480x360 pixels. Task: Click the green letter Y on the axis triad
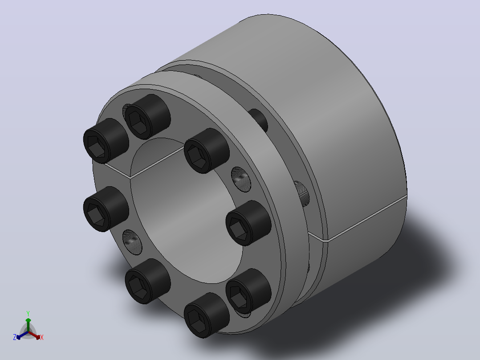pos(28,313)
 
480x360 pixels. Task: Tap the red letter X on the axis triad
pos(42,337)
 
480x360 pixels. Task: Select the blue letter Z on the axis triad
pos(14,337)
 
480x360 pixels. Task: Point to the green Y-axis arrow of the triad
pos(28,325)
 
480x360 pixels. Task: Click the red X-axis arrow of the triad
pos(34,335)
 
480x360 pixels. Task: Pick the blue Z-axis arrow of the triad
pos(22,335)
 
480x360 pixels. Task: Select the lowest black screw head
pos(206,315)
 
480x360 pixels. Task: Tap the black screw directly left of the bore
pos(106,209)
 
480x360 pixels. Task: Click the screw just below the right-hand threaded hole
pos(248,223)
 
